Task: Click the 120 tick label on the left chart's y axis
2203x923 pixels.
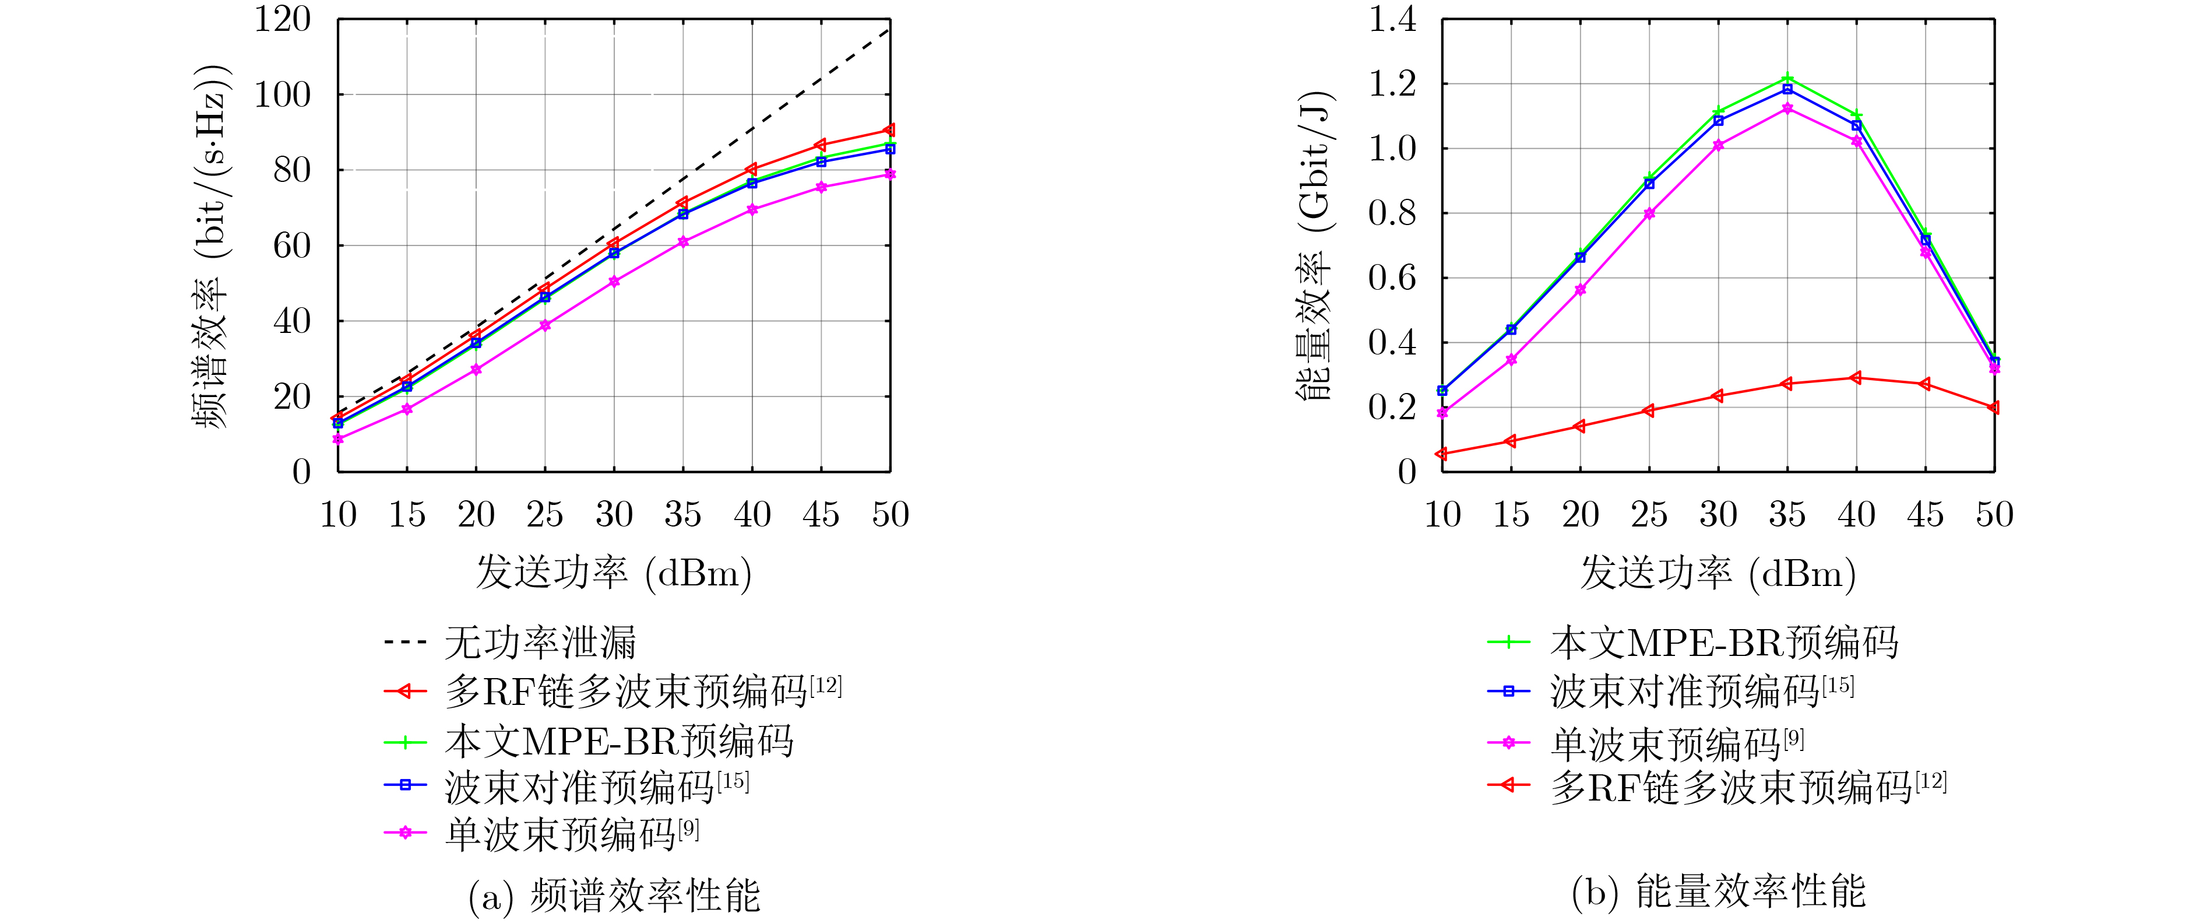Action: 282,19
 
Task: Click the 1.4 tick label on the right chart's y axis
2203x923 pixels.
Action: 1392,19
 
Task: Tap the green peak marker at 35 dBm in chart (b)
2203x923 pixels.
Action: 1787,79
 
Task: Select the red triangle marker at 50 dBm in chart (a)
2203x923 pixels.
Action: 889,130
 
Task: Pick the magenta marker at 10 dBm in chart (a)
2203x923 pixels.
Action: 338,439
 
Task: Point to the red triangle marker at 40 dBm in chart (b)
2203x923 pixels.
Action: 1856,377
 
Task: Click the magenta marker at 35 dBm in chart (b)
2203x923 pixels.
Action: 1787,108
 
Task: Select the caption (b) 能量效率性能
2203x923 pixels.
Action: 1718,892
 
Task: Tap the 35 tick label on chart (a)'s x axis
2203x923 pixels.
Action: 682,515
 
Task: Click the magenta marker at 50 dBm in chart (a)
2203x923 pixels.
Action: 889,174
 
